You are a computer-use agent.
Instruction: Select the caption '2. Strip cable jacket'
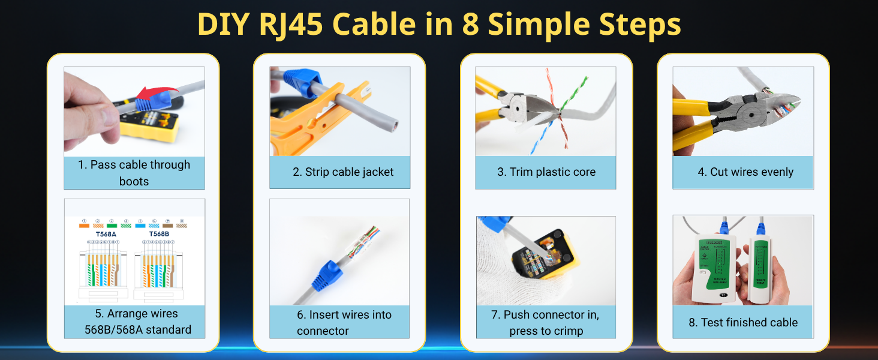[x=343, y=172]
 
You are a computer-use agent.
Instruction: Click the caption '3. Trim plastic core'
[x=546, y=172]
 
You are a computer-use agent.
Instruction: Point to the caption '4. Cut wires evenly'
[x=745, y=172]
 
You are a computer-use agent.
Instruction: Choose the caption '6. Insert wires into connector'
[x=343, y=322]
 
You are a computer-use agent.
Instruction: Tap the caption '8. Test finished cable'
[x=742, y=322]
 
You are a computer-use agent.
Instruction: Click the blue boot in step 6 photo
[x=325, y=275]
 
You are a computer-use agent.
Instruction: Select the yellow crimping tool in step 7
[x=543, y=255]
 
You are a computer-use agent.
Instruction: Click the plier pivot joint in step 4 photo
[x=748, y=112]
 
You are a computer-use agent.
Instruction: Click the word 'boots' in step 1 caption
[x=134, y=181]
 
